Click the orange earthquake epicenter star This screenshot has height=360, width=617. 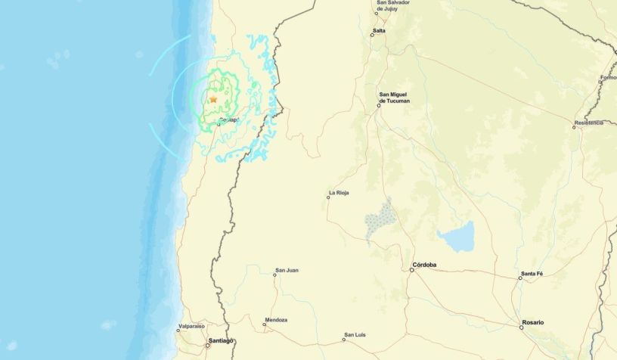(x=213, y=99)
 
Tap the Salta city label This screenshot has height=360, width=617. (x=379, y=31)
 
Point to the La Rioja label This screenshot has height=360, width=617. (x=338, y=193)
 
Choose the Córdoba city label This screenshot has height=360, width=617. (x=424, y=265)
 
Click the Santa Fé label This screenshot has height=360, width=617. (x=532, y=272)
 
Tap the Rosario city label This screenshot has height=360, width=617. (x=532, y=323)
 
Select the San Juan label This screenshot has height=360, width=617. (x=287, y=270)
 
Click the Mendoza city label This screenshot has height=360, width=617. (x=276, y=320)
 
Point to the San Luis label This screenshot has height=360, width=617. (x=355, y=334)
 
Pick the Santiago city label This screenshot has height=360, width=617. (x=220, y=341)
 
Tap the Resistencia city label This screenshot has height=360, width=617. (x=589, y=122)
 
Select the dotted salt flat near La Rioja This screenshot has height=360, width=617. (x=380, y=220)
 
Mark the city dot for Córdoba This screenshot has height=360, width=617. (x=412, y=270)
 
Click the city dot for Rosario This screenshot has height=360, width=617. (x=522, y=327)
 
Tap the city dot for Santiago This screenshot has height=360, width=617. (x=208, y=346)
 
